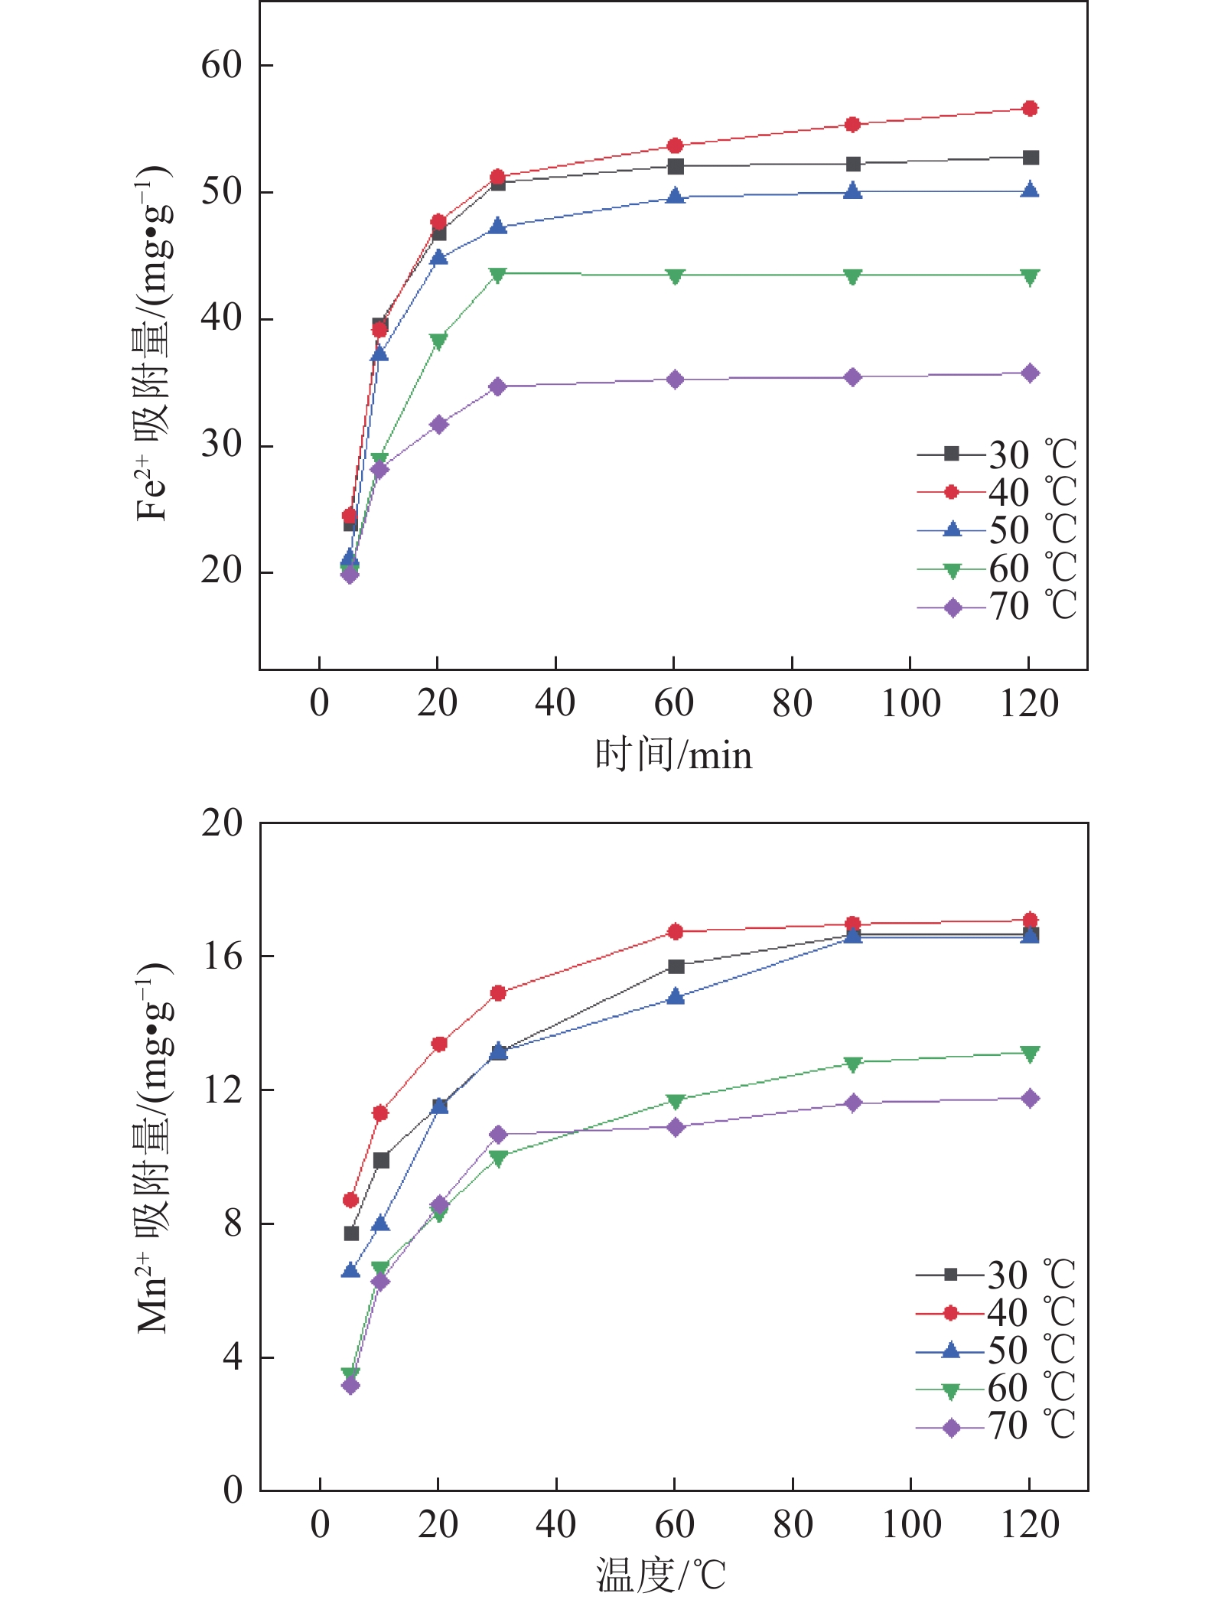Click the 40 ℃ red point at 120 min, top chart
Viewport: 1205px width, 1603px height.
pyautogui.click(x=1030, y=109)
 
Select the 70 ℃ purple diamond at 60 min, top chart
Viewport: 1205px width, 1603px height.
pyautogui.click(x=675, y=380)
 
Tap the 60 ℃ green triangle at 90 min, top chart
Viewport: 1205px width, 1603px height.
pyautogui.click(x=853, y=276)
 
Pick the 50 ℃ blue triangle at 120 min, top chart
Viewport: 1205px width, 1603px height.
pyautogui.click(x=1030, y=191)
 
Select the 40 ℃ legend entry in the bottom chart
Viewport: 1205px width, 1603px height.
pyautogui.click(x=995, y=1313)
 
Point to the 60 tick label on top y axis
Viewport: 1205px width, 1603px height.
pyautogui.click(x=222, y=66)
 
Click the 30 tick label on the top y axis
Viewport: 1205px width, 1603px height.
pyautogui.click(x=222, y=445)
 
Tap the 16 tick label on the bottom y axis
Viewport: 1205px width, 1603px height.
pyautogui.click(x=222, y=956)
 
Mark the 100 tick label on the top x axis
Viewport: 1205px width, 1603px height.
pyautogui.click(x=910, y=703)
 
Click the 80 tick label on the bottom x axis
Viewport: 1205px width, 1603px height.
pyautogui.click(x=793, y=1524)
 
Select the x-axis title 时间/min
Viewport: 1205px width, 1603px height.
pyautogui.click(x=673, y=755)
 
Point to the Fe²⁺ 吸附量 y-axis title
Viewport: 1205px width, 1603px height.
pyautogui.click(x=153, y=344)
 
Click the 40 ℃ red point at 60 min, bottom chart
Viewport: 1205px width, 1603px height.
pyautogui.click(x=675, y=931)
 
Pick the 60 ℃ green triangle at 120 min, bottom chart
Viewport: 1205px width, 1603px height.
pyautogui.click(x=1030, y=1054)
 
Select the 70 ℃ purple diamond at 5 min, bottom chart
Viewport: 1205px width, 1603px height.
pyautogui.click(x=350, y=1385)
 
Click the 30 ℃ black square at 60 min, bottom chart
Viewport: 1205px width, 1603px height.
pyautogui.click(x=676, y=966)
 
